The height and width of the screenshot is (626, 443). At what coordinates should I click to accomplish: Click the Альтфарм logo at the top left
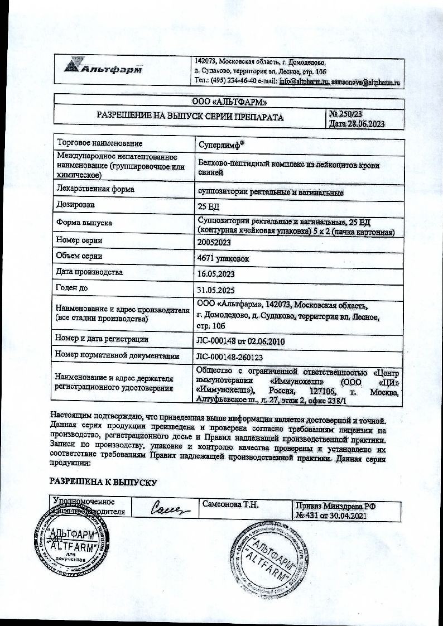click(104, 69)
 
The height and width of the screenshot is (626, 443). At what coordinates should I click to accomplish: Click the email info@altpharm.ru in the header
click(302, 81)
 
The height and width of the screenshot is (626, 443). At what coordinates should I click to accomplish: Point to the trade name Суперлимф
click(221, 144)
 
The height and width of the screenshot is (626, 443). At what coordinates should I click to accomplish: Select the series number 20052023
click(214, 242)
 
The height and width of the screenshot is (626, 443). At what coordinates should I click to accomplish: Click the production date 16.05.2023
click(217, 275)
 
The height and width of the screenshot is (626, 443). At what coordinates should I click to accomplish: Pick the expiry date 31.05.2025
click(217, 291)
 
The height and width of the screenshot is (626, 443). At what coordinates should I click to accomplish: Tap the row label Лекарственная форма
click(95, 189)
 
